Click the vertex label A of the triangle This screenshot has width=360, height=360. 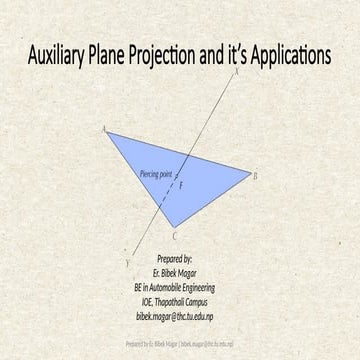pos(105,129)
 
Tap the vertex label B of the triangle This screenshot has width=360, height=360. pos(255,175)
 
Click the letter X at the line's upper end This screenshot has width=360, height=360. pos(236,74)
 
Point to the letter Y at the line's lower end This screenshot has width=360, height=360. pos(127,261)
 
